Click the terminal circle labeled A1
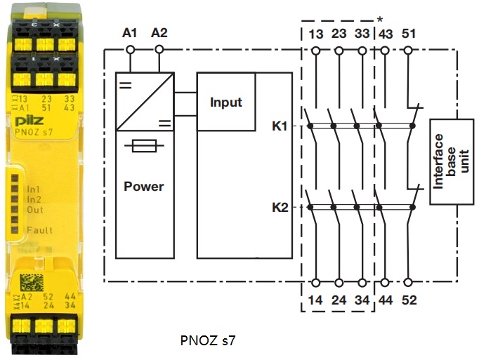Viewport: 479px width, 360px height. (x=129, y=49)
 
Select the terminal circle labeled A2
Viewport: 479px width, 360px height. (x=159, y=49)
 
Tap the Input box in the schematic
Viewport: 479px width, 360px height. (x=225, y=102)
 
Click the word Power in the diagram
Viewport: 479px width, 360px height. (x=143, y=187)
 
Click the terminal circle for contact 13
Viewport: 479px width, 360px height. (x=315, y=50)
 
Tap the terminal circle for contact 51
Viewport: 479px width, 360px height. (x=409, y=50)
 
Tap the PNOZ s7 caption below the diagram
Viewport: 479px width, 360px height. (x=208, y=342)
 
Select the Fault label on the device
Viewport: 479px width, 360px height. (x=40, y=230)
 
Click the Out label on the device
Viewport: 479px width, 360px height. (x=35, y=210)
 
